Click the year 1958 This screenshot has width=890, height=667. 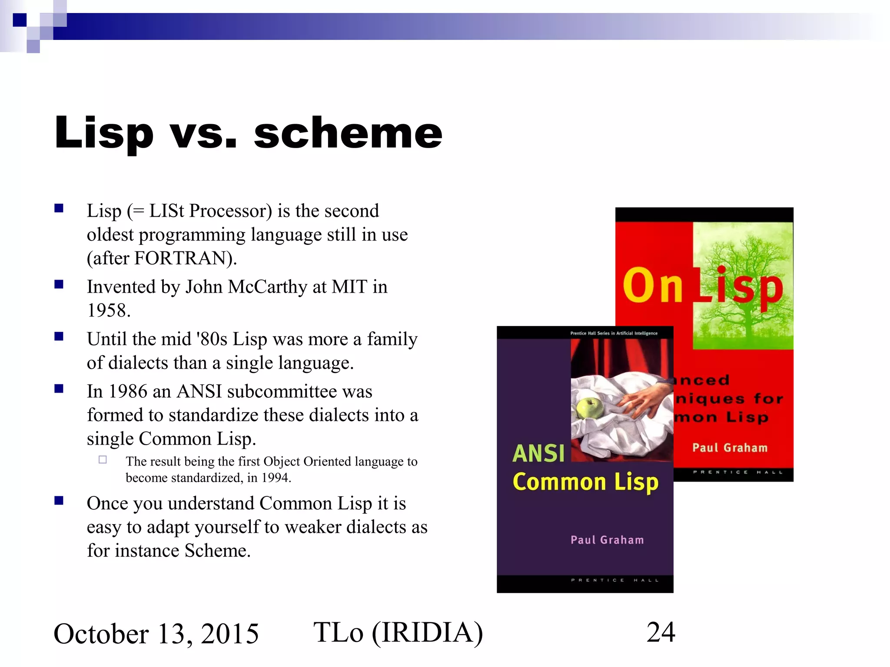click(x=108, y=311)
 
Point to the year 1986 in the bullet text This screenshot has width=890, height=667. click(x=128, y=392)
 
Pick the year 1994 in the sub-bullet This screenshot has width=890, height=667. click(x=275, y=478)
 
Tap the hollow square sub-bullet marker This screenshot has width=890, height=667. click(x=103, y=459)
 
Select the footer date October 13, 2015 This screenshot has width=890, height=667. click(x=156, y=634)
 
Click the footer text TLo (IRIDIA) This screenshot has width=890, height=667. click(x=398, y=632)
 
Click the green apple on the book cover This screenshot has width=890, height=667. click(x=590, y=408)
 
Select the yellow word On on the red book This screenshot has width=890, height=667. click(x=653, y=287)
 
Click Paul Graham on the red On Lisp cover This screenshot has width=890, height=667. click(x=730, y=448)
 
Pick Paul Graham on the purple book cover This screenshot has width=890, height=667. click(x=607, y=540)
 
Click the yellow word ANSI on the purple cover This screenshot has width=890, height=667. click(x=539, y=453)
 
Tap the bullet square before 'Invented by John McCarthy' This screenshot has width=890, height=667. click(x=59, y=284)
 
